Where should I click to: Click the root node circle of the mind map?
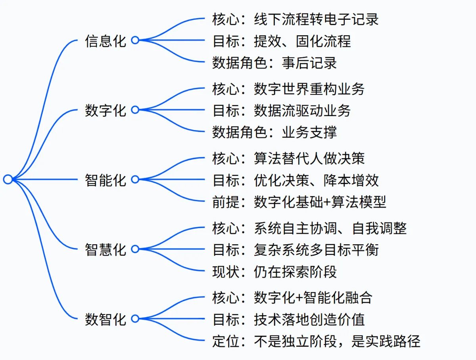tap(8, 179)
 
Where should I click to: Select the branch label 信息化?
tap(106, 41)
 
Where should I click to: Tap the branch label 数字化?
tap(106, 110)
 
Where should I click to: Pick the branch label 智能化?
tap(106, 180)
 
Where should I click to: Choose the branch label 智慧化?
tap(106, 249)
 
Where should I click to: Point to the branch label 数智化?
tap(106, 319)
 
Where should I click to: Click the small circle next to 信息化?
tap(135, 40)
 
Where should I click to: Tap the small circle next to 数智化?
tap(135, 319)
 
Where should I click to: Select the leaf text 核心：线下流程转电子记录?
tap(296, 19)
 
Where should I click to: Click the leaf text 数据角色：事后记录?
tap(274, 63)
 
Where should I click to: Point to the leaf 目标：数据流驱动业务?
tap(282, 111)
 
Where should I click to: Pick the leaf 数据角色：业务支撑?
tap(274, 132)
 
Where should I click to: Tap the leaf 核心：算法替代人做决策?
tap(288, 159)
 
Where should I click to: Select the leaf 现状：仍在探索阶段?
tap(274, 272)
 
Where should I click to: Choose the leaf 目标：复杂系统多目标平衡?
tap(296, 250)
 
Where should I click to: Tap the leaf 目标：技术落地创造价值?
tap(288, 320)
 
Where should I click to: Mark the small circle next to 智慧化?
tap(135, 249)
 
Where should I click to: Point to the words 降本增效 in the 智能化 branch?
tap(351, 180)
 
